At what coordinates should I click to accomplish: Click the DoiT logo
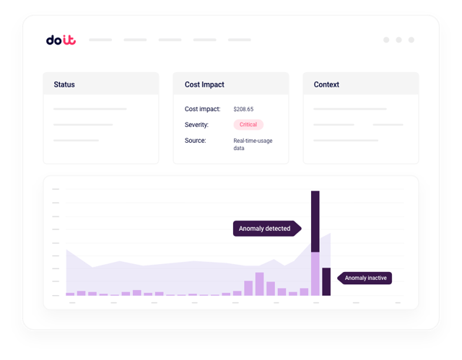click(x=60, y=40)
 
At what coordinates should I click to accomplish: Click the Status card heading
click(x=64, y=84)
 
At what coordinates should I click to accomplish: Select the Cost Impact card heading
click(x=204, y=84)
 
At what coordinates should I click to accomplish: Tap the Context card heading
click(x=326, y=84)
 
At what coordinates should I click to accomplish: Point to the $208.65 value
click(x=243, y=109)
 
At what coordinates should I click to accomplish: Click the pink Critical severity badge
click(x=248, y=125)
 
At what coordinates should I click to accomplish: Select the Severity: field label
click(x=197, y=125)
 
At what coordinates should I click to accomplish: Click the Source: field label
click(x=195, y=141)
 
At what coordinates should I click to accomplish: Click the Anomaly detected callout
click(x=264, y=229)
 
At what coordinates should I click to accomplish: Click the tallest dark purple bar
click(x=315, y=221)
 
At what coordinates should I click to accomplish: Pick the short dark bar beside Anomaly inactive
click(x=326, y=281)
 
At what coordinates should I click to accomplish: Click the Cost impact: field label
click(x=202, y=109)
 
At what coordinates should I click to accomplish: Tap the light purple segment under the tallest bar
click(x=315, y=273)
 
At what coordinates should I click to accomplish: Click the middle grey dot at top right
click(x=398, y=40)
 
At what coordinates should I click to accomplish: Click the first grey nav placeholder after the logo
click(x=100, y=40)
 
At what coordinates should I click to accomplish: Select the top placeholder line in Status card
click(x=90, y=109)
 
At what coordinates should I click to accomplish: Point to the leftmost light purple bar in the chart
click(x=70, y=294)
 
